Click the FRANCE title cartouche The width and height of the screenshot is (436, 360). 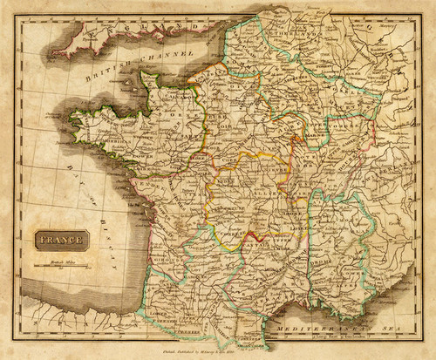tap(62, 239)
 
